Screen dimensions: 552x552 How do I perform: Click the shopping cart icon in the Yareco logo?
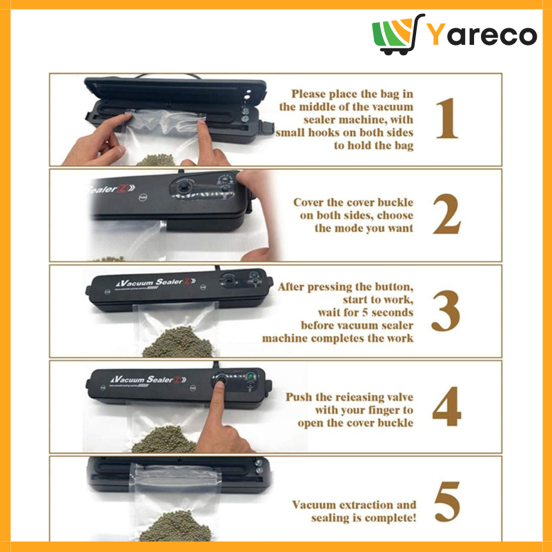click(398, 34)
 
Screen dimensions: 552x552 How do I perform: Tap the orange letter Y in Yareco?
click(437, 34)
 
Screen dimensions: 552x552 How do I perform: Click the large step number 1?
click(447, 118)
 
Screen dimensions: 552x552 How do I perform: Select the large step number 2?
click(446, 214)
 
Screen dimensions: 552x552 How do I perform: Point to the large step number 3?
click(446, 310)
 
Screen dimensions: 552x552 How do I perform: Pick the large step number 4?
click(446, 406)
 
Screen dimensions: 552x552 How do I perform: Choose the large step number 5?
click(447, 502)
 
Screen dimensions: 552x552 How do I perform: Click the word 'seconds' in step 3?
click(392, 313)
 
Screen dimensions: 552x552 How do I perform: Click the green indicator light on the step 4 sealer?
click(250, 377)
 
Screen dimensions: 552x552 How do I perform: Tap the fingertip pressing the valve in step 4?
click(219, 384)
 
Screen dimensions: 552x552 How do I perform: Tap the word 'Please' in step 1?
click(308, 94)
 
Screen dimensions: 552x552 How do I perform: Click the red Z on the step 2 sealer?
click(122, 188)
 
